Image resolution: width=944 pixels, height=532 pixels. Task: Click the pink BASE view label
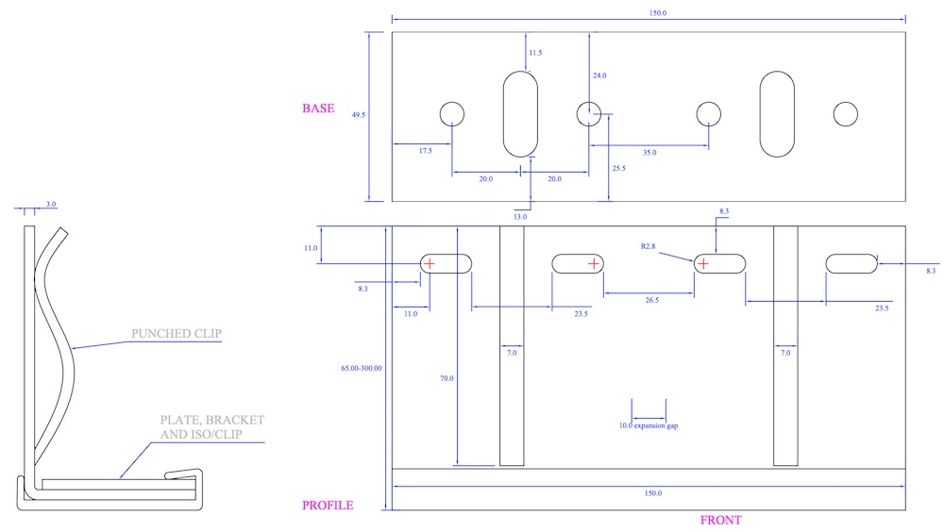click(318, 108)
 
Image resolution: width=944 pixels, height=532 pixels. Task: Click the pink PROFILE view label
click(328, 506)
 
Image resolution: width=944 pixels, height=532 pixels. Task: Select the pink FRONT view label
click(720, 520)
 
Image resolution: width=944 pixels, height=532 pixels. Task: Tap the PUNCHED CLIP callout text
click(177, 332)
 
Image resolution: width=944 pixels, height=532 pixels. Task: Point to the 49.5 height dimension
click(359, 115)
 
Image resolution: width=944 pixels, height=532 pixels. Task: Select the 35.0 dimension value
click(649, 152)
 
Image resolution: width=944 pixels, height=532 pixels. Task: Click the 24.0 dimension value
click(599, 75)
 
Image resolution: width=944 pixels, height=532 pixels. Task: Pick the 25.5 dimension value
click(619, 169)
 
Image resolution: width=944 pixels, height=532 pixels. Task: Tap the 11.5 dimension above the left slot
click(536, 53)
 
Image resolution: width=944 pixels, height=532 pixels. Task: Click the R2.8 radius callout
click(648, 246)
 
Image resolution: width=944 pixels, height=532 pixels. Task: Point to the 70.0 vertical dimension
click(447, 378)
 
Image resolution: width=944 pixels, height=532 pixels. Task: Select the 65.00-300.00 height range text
click(361, 368)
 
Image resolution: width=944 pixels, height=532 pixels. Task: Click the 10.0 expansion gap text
click(649, 425)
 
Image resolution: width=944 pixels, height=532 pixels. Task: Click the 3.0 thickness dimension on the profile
click(51, 204)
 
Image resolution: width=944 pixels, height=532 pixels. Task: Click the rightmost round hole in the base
click(845, 114)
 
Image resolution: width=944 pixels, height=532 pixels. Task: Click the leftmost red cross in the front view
click(430, 263)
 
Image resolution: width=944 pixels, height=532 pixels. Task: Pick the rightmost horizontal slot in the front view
click(851, 264)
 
